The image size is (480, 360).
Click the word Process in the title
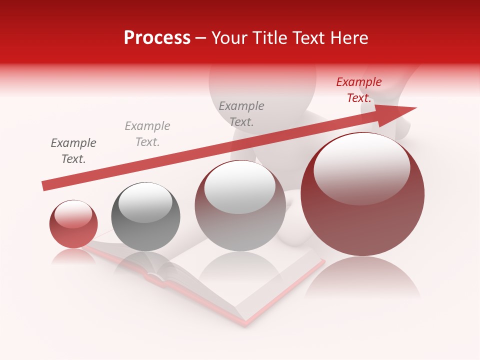(x=157, y=38)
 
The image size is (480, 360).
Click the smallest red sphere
(x=73, y=224)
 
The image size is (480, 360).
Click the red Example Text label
(x=359, y=90)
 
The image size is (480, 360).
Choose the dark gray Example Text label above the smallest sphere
(x=73, y=151)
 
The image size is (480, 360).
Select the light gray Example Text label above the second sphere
(x=147, y=134)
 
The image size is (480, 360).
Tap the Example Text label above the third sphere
(x=241, y=113)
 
